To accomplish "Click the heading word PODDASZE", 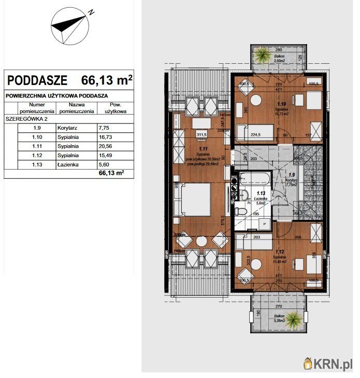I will pos(37,80).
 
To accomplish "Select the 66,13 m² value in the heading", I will pos(107,80).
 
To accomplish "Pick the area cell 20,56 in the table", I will pos(106,146).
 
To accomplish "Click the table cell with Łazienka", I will pos(68,164).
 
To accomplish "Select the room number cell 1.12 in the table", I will pos(37,155).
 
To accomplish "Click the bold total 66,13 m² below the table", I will pos(113,174).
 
